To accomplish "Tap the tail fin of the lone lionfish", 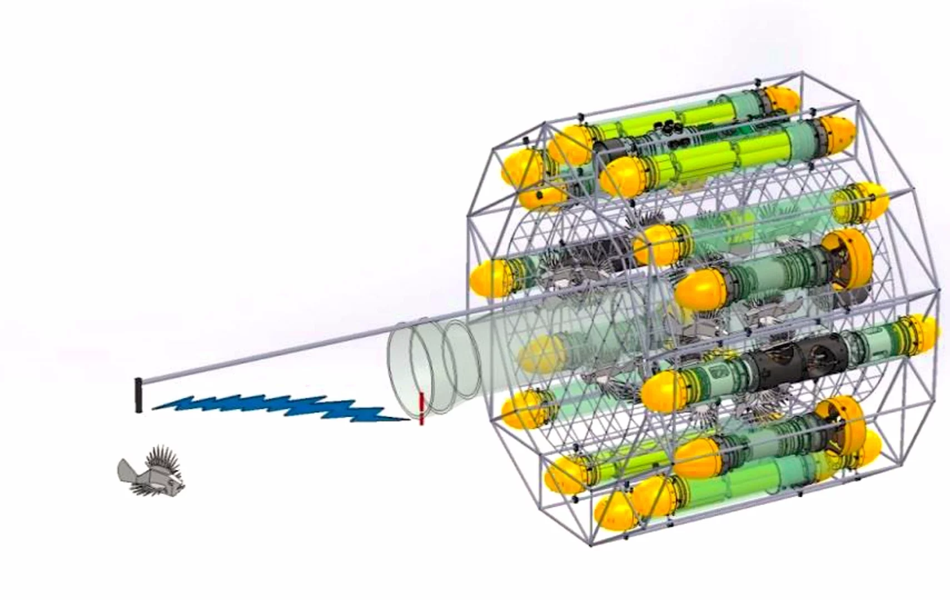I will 127,471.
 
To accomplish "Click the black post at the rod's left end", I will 138,395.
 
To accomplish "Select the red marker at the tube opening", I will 421,408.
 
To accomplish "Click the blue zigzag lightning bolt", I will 278,407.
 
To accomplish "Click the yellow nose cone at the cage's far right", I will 920,333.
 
